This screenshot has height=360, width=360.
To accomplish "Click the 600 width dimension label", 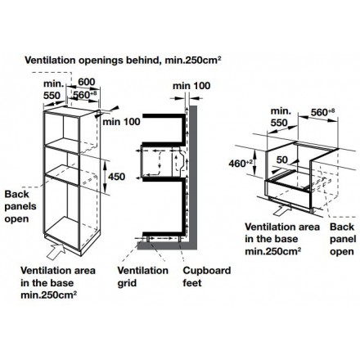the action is tap(87, 82).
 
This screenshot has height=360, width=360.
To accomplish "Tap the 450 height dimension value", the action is tap(117, 177).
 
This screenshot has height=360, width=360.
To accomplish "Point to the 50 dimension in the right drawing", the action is tap(282, 160).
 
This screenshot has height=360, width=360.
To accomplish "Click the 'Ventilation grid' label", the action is tap(142, 277).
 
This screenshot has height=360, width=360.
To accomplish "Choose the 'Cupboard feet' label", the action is tap(207, 277).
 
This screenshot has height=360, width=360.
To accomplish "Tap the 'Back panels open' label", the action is tap(20, 206).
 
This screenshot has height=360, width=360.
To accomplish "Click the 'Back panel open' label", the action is tap(343, 239).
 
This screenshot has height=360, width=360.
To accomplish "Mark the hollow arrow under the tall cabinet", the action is tap(56, 251).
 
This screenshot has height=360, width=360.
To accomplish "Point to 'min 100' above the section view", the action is tap(191, 86).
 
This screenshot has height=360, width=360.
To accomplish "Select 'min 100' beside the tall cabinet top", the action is tap(121, 122).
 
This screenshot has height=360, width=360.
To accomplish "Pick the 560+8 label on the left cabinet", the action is tap(85, 95).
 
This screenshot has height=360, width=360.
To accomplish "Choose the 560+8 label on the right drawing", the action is tap(322, 112).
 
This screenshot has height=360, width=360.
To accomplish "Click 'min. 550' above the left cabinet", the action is tap(53, 89).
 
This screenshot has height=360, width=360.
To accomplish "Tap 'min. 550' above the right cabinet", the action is tap(281, 117).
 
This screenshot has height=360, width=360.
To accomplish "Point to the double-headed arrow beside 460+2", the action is tap(254, 163).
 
